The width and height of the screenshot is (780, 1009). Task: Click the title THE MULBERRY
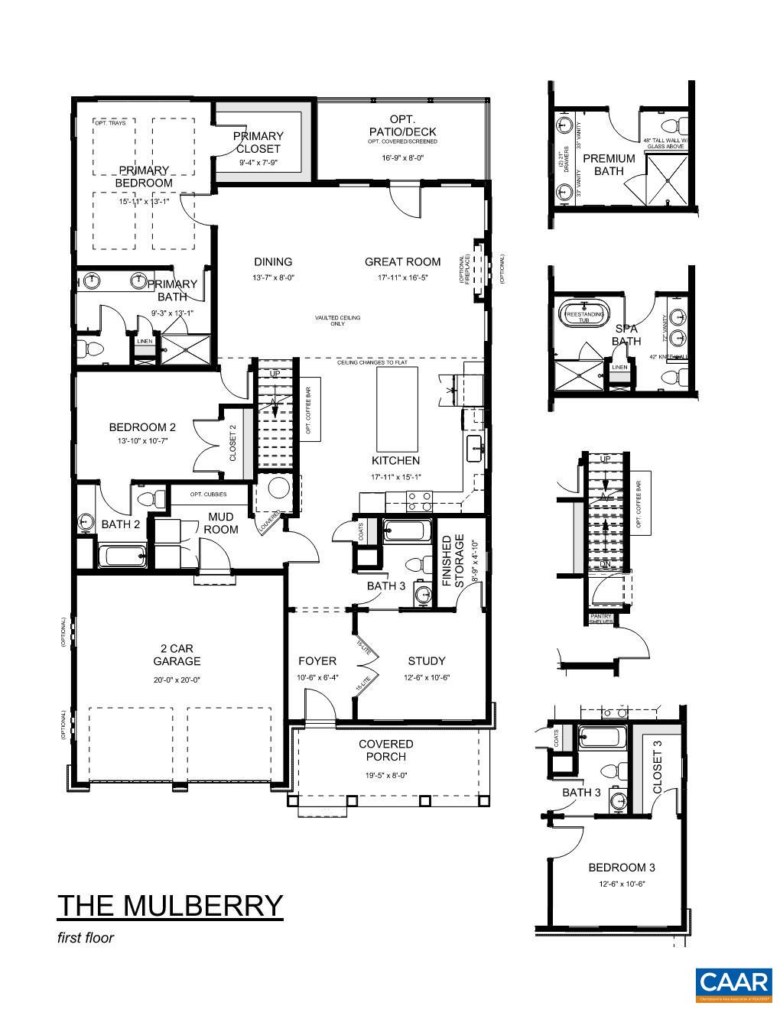(170, 905)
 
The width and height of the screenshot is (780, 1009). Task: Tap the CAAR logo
(733, 985)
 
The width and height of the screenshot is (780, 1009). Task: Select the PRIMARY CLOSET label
(258, 142)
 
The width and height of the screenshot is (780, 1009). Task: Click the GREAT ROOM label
(402, 262)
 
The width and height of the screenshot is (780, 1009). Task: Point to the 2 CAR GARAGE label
(177, 655)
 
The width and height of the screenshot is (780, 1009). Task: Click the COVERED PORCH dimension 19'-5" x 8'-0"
(385, 775)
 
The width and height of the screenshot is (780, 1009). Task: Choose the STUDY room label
(426, 661)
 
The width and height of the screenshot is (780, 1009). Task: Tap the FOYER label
(317, 661)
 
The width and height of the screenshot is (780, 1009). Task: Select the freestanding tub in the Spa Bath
(584, 315)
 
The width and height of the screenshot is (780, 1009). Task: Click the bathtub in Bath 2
(122, 556)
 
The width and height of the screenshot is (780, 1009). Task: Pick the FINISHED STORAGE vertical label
(454, 562)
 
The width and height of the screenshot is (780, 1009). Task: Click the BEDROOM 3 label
(621, 868)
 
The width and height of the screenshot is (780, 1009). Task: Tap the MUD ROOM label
(221, 524)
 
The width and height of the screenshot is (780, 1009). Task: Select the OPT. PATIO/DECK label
(402, 125)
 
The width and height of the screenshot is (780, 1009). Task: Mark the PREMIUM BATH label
(609, 164)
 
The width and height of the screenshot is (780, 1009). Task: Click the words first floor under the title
(86, 938)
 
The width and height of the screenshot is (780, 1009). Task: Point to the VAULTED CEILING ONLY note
(337, 320)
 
